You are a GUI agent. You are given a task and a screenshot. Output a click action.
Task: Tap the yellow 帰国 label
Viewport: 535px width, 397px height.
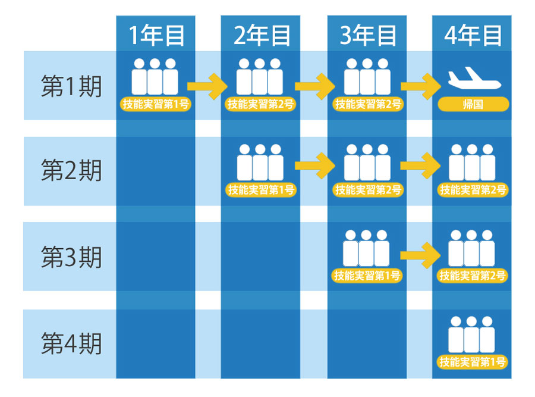[473, 104]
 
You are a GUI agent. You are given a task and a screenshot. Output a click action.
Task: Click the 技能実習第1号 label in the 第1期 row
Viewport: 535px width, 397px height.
[156, 104]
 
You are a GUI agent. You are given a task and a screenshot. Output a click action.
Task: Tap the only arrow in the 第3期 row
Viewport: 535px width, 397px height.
[421, 255]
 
